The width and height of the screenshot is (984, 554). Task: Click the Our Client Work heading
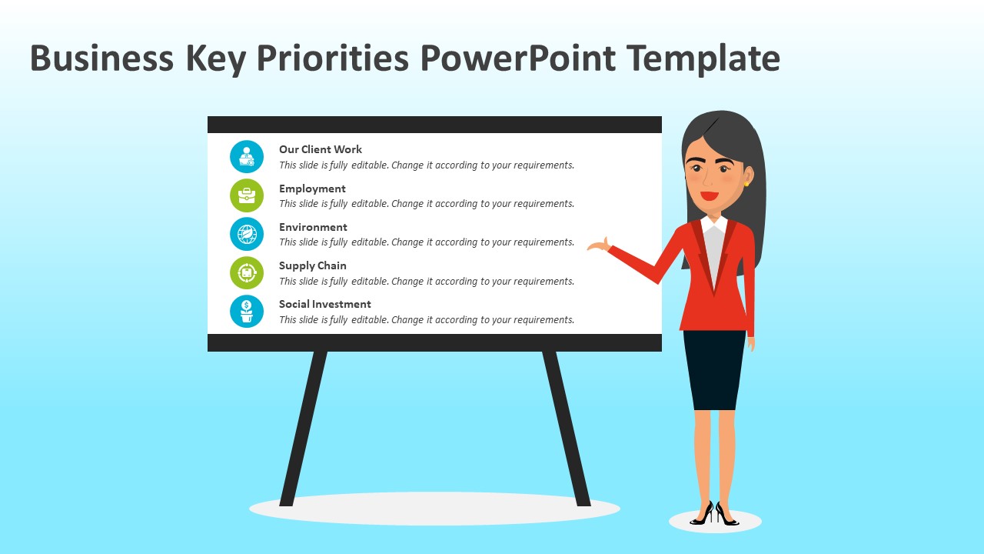coord(320,149)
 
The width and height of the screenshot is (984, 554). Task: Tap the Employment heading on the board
coord(312,189)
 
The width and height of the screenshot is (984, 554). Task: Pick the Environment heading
coord(313,227)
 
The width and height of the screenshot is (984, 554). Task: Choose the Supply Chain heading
coord(312,265)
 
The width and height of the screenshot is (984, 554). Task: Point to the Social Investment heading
coord(324,304)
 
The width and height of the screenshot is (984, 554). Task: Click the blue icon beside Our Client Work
coord(247,157)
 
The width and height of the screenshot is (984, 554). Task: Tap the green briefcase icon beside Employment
coord(247,195)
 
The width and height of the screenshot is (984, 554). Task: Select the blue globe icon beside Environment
coord(247,234)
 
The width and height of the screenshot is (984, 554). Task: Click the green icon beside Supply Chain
coord(247,272)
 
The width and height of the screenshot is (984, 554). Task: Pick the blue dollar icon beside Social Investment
coord(247,311)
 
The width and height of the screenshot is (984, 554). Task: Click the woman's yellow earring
coord(746,183)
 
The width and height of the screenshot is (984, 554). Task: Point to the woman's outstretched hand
coord(598,246)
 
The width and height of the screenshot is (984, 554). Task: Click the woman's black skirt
coord(714,369)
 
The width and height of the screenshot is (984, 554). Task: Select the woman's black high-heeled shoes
coord(715,514)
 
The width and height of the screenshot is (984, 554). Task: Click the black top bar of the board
coord(434,125)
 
